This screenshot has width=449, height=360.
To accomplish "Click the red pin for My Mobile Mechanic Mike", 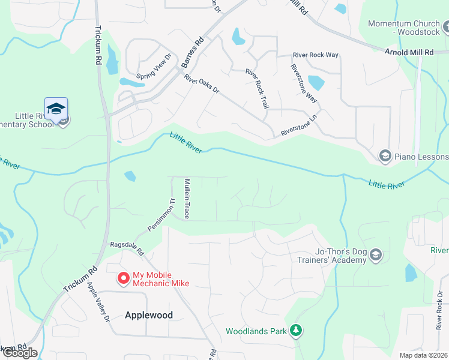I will point(124,278).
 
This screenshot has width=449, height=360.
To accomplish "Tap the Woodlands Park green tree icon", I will point(295,330).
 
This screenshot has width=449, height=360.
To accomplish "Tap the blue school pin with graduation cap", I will point(56,110).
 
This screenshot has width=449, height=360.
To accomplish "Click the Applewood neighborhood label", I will point(149,315).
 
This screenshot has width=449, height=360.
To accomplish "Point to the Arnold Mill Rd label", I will point(409,53).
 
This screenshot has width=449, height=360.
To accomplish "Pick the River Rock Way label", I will point(316,55).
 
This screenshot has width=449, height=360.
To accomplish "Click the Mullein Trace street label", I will point(187,198).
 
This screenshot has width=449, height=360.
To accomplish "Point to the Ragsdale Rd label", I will point(127,249).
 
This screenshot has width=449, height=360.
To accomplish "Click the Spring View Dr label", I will point(154,67).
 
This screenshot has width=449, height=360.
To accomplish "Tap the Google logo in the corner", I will point(19,352).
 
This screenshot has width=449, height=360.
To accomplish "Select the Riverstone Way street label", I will point(304,84).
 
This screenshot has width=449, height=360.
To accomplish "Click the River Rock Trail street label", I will point(257,88).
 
